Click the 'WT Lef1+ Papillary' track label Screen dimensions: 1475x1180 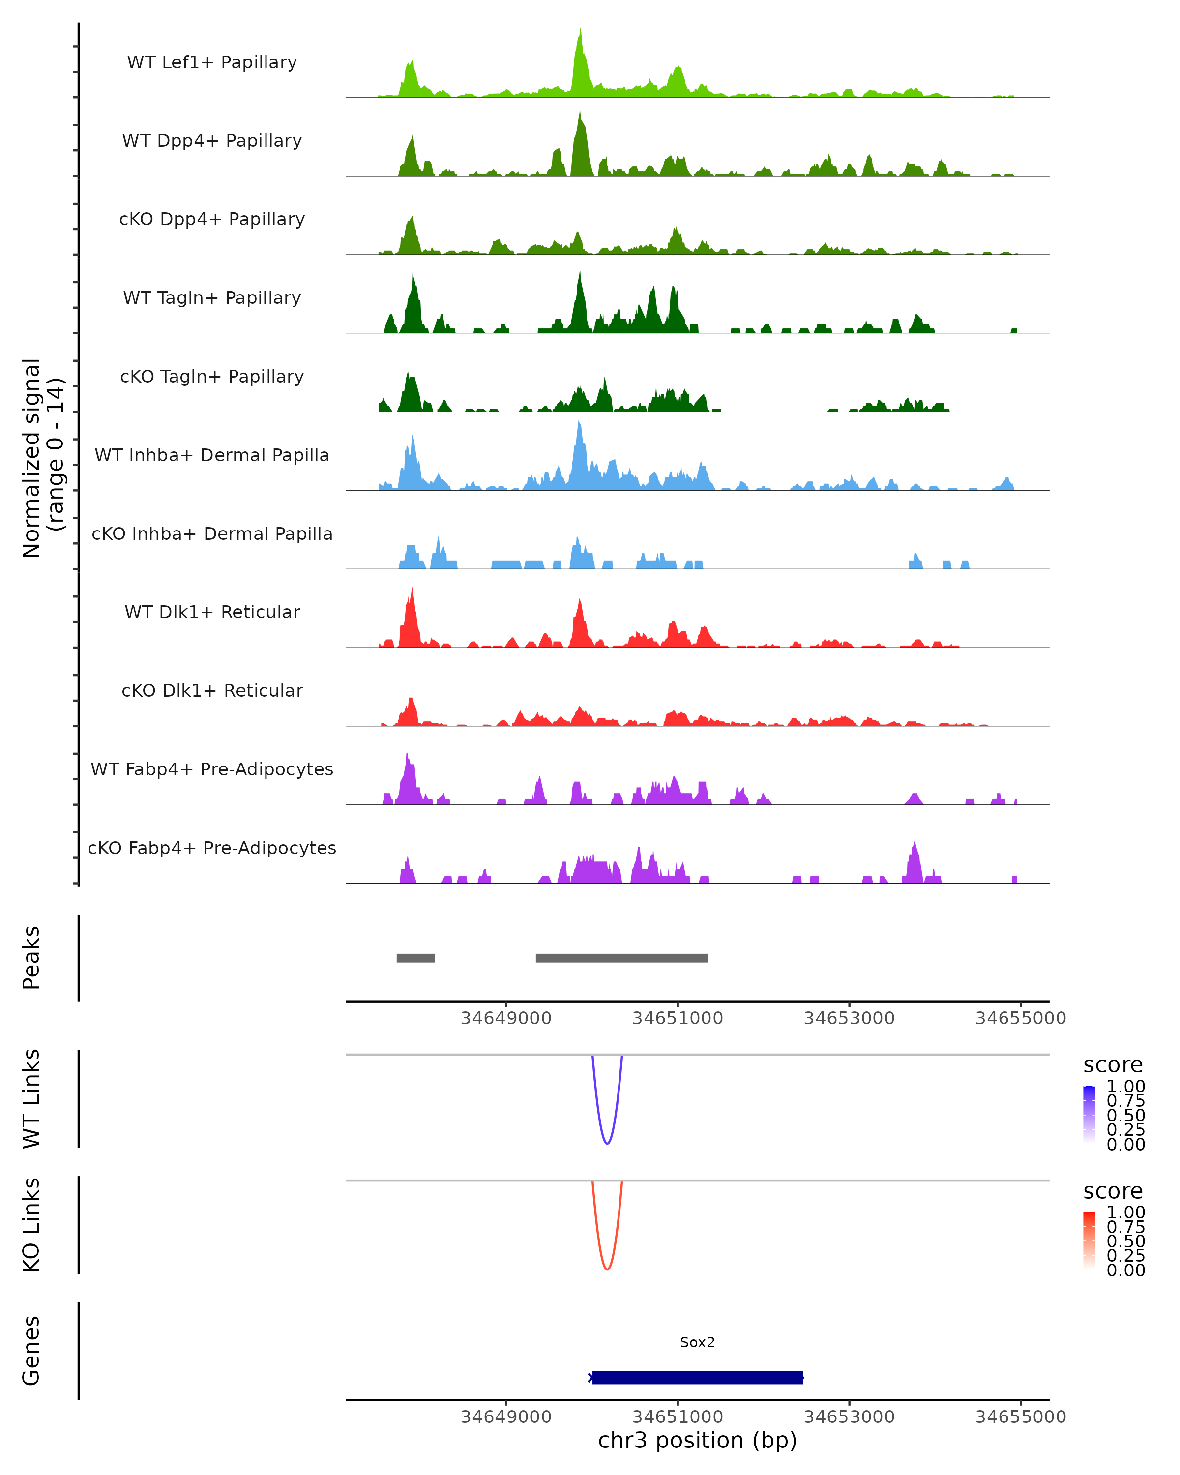coord(212,62)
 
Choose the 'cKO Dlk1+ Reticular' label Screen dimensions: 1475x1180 coord(212,690)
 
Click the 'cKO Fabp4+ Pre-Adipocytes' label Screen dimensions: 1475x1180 coord(212,848)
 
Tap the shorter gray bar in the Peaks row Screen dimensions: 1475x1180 coord(416,958)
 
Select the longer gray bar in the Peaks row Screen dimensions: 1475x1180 coord(622,958)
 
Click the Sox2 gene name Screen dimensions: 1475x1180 coord(697,1342)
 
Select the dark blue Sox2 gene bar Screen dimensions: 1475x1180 coord(697,1377)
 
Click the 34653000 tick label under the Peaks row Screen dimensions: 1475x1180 coord(849,1018)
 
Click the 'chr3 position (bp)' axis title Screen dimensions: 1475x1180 coord(697,1440)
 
